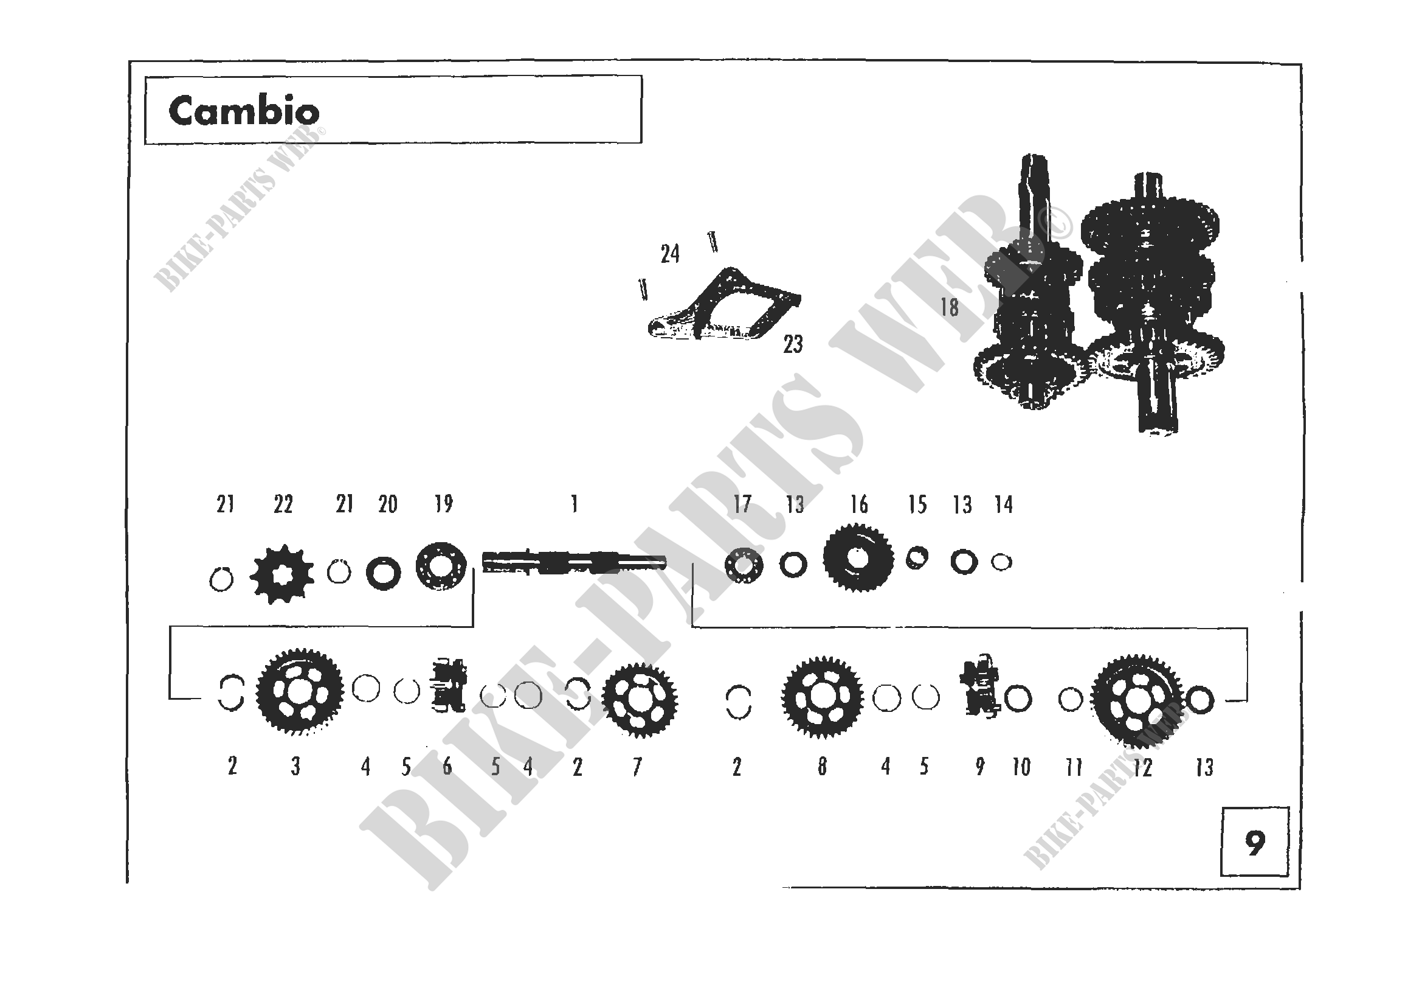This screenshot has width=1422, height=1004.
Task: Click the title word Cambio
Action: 244,111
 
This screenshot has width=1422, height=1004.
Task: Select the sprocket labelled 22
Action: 282,574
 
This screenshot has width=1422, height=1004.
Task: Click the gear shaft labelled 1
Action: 574,562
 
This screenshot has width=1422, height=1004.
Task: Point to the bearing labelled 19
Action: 441,566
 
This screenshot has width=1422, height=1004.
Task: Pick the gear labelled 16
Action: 858,557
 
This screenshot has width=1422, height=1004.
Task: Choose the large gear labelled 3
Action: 300,692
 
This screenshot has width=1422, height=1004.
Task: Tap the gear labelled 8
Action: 822,697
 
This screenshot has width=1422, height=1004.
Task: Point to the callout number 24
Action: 670,254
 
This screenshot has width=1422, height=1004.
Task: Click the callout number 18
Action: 950,307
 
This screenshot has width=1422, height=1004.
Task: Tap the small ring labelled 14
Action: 1001,562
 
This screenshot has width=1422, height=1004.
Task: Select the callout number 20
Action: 388,504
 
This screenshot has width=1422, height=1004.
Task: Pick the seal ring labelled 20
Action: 384,573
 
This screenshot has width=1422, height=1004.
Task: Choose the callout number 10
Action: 1021,768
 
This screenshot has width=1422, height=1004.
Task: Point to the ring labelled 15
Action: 917,558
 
